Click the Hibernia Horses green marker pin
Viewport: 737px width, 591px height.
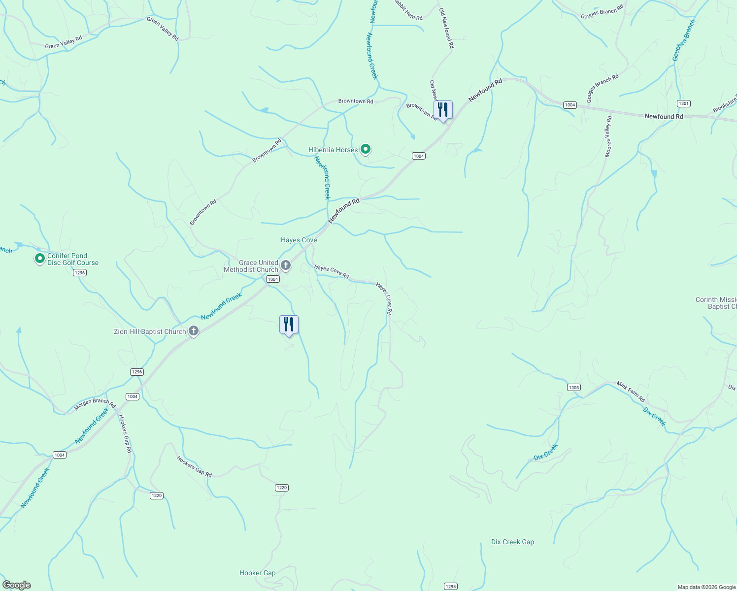pos(365,149)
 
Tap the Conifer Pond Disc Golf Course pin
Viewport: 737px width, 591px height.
pos(40,258)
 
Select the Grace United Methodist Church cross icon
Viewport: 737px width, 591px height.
pos(285,266)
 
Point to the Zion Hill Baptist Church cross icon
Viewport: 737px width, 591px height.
pos(194,331)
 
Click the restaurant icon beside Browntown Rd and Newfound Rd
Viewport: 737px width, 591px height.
pos(442,110)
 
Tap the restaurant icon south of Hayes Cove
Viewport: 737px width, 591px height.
pos(289,325)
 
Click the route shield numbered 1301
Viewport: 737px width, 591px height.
pos(683,103)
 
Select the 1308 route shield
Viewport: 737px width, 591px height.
pos(574,387)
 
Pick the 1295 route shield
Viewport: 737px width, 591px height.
pos(450,586)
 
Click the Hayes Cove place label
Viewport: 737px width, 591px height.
pos(299,240)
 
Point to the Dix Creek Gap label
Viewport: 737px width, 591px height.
pos(512,542)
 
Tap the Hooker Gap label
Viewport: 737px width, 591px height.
pos(257,573)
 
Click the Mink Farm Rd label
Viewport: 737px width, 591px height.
pos(631,392)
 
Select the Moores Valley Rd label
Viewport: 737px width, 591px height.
pos(608,136)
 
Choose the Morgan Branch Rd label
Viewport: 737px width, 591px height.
pos(94,404)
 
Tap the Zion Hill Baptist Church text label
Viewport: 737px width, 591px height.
pos(150,331)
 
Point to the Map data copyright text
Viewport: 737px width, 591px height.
pos(706,587)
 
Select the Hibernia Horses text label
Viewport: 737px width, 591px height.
pos(333,150)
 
